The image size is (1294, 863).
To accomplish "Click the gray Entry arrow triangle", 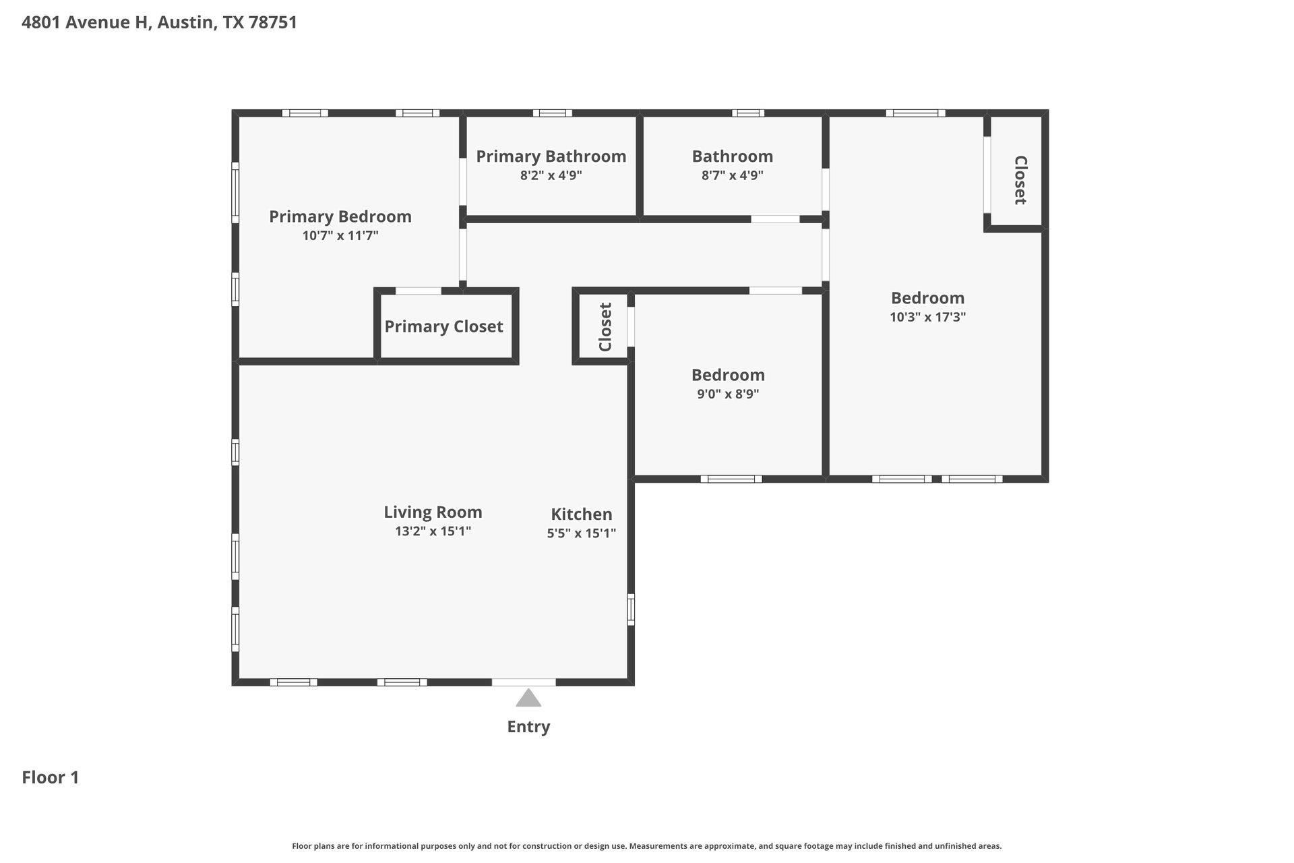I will click(x=528, y=698).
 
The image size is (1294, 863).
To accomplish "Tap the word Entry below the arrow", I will click(x=528, y=726).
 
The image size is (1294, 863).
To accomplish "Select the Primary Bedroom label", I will click(x=340, y=216).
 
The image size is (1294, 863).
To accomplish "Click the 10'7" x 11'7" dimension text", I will click(x=340, y=235).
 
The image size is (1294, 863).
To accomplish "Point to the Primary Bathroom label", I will click(x=551, y=156).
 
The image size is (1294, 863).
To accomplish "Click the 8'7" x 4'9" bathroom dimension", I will click(x=732, y=175).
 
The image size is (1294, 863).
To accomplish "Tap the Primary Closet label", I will click(x=443, y=326).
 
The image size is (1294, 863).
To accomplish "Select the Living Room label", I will click(x=433, y=512).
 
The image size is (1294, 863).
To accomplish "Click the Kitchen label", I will click(x=581, y=514).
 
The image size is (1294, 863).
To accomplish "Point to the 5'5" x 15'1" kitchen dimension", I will click(x=581, y=533).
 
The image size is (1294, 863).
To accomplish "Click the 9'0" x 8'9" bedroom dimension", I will click(x=728, y=394).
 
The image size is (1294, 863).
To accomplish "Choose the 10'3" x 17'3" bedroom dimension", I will click(x=927, y=317).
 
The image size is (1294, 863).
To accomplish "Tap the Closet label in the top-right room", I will click(x=1020, y=180).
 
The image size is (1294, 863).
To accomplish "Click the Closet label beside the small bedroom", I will click(x=605, y=327).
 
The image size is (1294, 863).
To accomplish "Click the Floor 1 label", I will click(x=51, y=777).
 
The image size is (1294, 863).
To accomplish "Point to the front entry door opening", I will click(x=524, y=682).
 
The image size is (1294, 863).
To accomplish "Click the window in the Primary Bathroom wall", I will click(x=552, y=113).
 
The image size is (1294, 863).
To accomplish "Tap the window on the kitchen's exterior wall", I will click(x=631, y=609).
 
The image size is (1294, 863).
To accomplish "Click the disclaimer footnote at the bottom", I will click(x=646, y=845).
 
